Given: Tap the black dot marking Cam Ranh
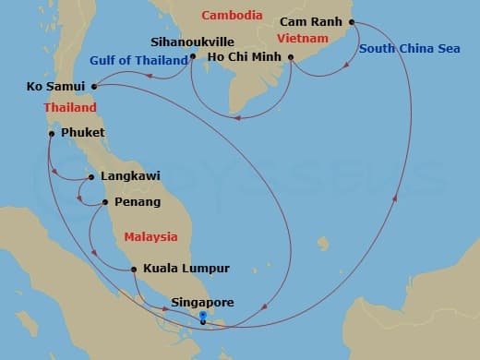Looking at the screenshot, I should [352, 22].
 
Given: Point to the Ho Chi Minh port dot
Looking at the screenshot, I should [291, 57].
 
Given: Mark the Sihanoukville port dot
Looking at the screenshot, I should [192, 56].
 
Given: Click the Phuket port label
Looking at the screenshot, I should [83, 134].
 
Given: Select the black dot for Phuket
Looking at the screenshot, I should [52, 134].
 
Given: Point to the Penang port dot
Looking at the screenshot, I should [104, 201].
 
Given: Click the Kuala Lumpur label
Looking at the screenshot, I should [185, 270].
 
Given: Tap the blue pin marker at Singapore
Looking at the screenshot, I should [203, 318].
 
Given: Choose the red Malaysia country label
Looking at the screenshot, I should [150, 237].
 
